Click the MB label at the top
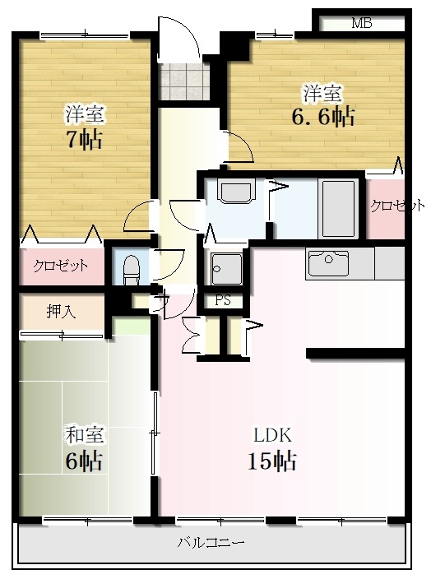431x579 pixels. (362, 23)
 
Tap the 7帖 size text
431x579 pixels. (84, 140)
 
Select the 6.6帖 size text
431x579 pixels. (323, 117)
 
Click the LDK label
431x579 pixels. (272, 435)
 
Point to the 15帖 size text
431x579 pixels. (272, 461)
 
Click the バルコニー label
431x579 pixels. (211, 543)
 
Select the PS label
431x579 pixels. (223, 300)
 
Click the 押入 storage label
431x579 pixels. (62, 312)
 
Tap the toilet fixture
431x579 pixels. (131, 270)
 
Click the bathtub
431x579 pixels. (338, 209)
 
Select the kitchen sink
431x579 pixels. (328, 263)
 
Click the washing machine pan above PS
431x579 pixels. (226, 269)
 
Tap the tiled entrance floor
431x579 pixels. (183, 81)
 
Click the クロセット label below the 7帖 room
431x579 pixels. (61, 265)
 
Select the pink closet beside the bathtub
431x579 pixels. (385, 206)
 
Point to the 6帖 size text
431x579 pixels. (84, 461)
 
